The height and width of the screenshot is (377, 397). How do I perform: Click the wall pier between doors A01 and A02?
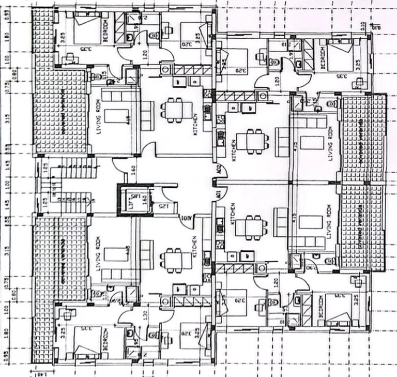click(214, 182)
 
